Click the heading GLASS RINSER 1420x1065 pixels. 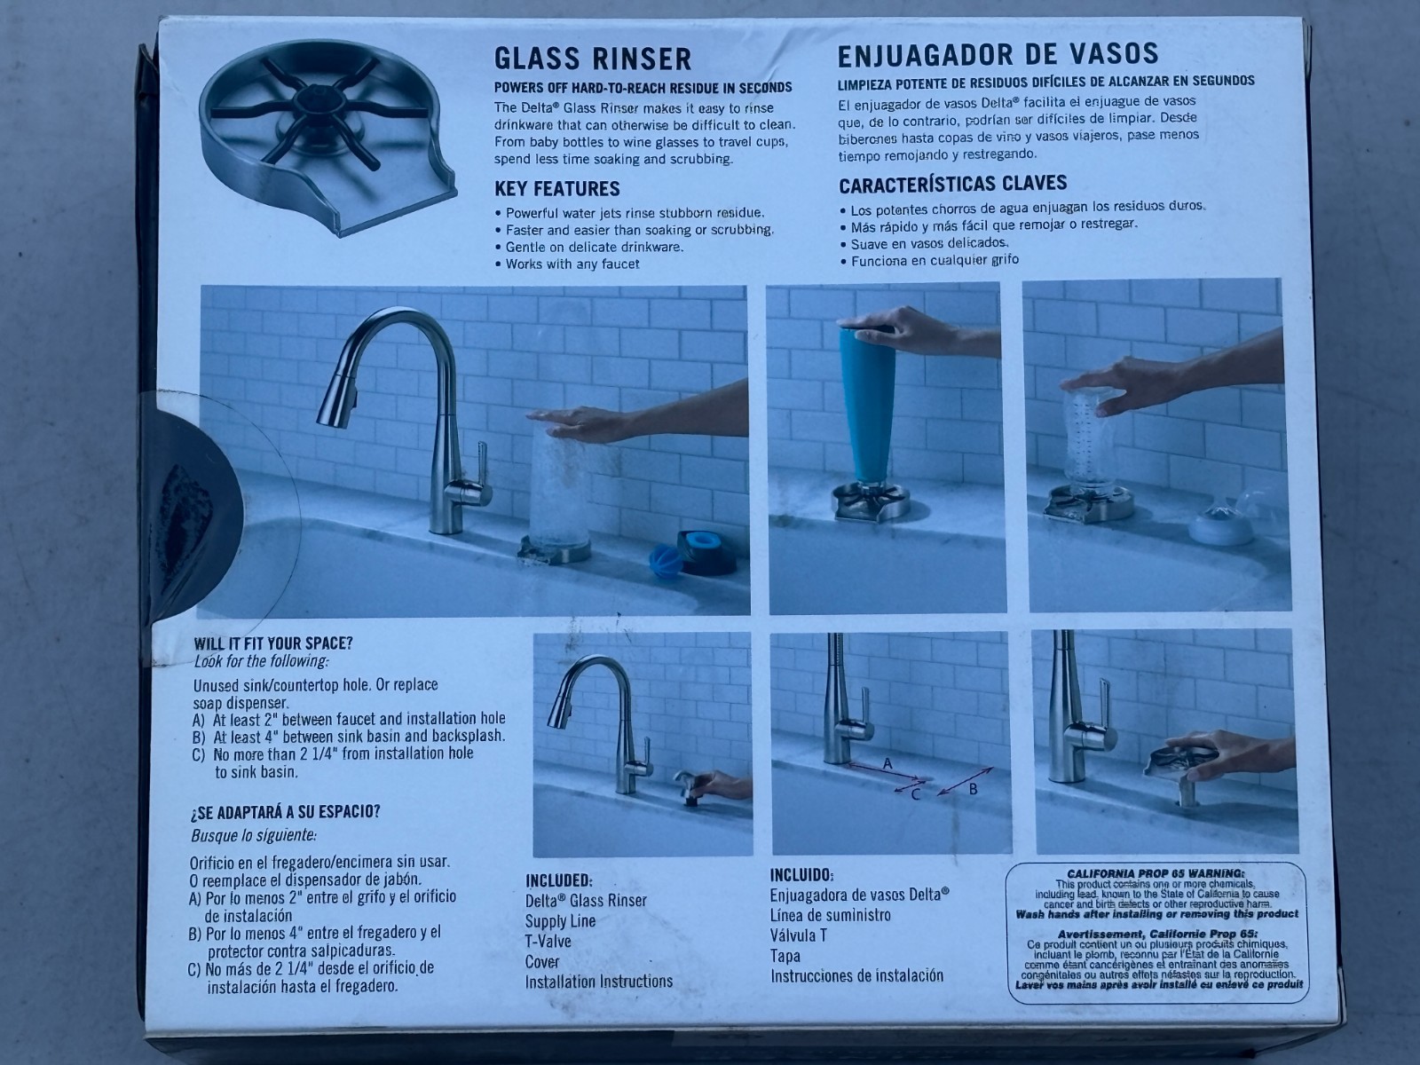592,59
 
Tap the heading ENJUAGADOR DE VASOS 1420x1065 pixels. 998,54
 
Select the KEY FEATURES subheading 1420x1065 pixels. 556,188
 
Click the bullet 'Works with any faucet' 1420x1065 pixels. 572,264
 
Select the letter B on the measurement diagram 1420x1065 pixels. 972,788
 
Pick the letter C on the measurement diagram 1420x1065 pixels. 916,793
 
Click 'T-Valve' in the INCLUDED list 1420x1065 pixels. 548,942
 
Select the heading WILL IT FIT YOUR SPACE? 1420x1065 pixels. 272,643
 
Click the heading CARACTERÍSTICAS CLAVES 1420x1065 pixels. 952,184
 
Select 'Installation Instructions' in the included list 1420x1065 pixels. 598,982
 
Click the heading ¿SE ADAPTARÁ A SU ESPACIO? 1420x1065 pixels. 285,811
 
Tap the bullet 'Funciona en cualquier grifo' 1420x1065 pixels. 934,261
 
